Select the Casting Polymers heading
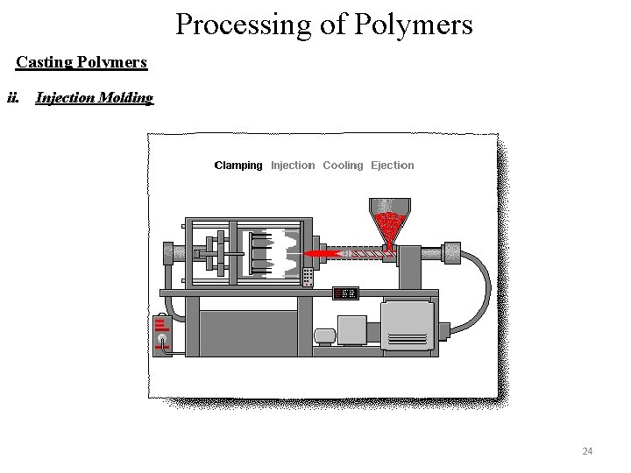(x=82, y=62)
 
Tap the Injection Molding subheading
(x=94, y=97)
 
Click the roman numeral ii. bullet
(x=13, y=97)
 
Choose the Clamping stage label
(x=238, y=165)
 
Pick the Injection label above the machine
(x=293, y=165)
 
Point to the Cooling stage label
(x=343, y=165)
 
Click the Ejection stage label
(x=393, y=165)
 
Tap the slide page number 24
(x=587, y=451)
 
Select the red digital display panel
(x=345, y=293)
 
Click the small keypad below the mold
(x=308, y=277)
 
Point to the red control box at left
(x=162, y=333)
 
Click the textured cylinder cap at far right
(x=452, y=252)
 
